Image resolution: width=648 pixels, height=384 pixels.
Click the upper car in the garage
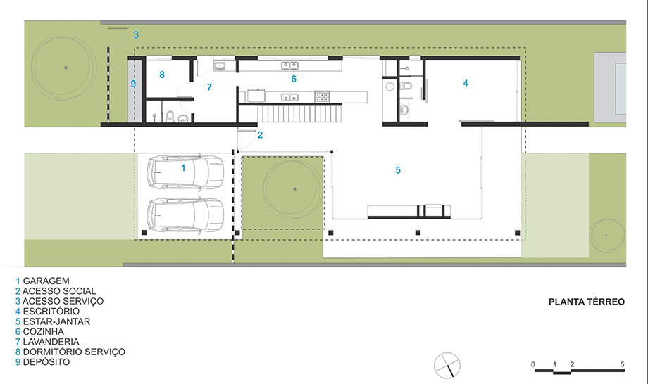coord(185,172)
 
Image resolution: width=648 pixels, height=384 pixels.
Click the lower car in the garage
coord(185,215)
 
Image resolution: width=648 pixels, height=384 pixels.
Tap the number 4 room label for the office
coord(466,83)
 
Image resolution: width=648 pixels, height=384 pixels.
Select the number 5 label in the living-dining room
coord(398,170)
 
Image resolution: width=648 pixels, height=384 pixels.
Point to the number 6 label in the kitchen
coord(294,79)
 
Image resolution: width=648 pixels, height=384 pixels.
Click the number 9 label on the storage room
coord(133,84)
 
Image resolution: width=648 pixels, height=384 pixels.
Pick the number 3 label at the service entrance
coord(136,35)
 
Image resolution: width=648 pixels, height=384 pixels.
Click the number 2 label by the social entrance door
coord(260,135)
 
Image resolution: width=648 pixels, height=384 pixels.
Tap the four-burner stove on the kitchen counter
coord(322,96)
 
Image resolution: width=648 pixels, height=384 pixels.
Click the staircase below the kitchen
coord(299,114)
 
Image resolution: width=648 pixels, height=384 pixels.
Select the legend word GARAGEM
coord(46,281)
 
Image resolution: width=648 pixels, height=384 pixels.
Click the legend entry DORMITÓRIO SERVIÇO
coord(74,352)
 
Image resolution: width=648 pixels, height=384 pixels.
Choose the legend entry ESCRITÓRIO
coord(51,312)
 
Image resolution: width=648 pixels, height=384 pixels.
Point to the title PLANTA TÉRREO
coord(587,302)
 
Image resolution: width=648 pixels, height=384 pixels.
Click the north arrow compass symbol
coord(447,366)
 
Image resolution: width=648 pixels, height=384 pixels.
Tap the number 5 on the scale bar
coord(622,364)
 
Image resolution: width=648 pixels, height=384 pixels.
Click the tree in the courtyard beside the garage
coord(294,189)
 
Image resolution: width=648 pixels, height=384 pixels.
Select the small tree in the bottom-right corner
coord(607,236)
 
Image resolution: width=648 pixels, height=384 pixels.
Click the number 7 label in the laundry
coord(209,87)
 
